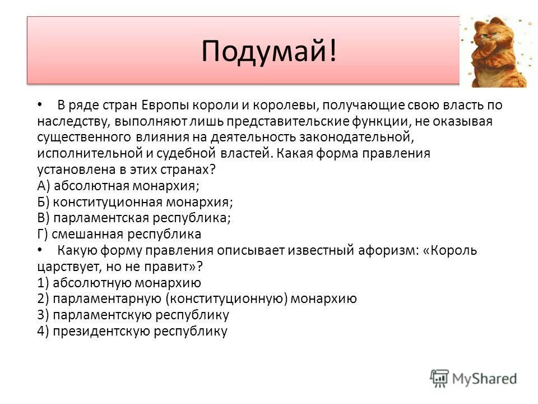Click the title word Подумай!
[270, 51]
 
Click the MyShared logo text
[484, 379]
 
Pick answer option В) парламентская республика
[134, 218]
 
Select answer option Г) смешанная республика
[119, 234]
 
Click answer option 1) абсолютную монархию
[119, 282]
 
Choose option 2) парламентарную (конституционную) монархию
[197, 299]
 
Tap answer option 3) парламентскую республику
[133, 315]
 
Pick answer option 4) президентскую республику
[132, 331]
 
